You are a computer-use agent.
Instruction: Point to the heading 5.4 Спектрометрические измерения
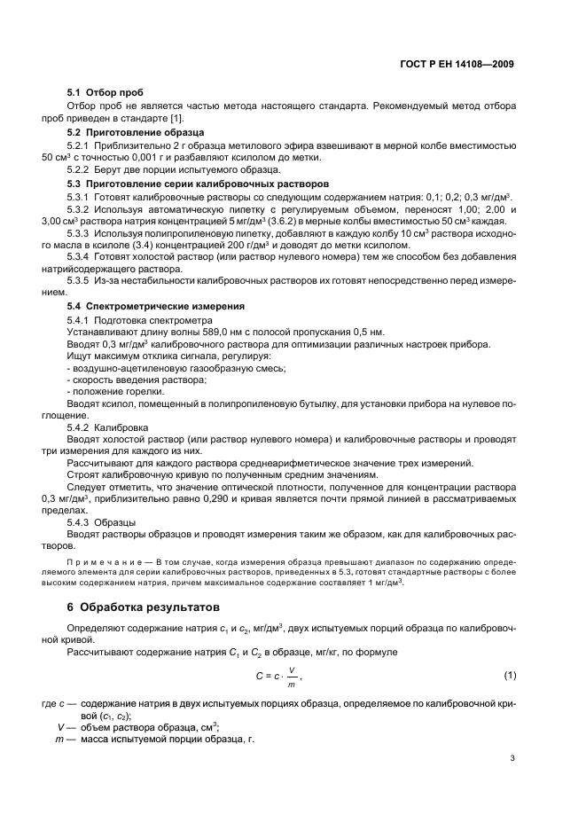pyautogui.click(x=144, y=305)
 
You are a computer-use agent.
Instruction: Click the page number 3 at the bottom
pyautogui.click(x=512, y=757)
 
